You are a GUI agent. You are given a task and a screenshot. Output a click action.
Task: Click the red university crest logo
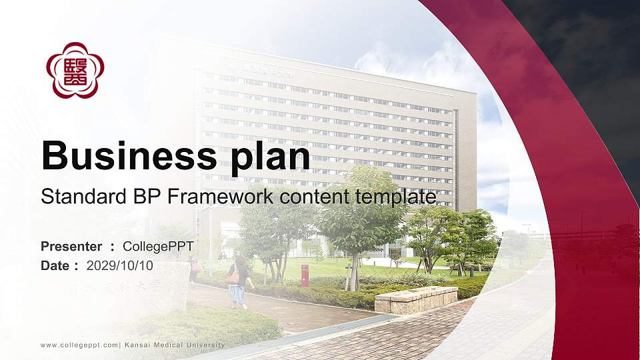point(75,70)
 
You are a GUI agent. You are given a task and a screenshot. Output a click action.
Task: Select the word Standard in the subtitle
point(73,197)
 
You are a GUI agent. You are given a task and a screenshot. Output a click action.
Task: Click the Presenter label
point(71,247)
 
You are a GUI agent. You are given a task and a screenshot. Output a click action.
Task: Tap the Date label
point(55,265)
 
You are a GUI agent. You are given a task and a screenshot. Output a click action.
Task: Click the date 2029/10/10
point(120,265)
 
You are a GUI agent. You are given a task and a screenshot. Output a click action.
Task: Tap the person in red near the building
point(193,268)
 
